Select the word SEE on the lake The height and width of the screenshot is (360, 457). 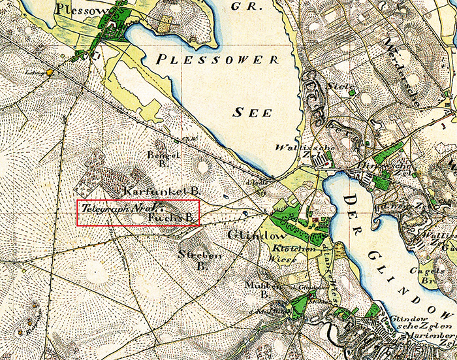pos(251,112)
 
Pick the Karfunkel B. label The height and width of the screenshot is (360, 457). pos(160,191)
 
